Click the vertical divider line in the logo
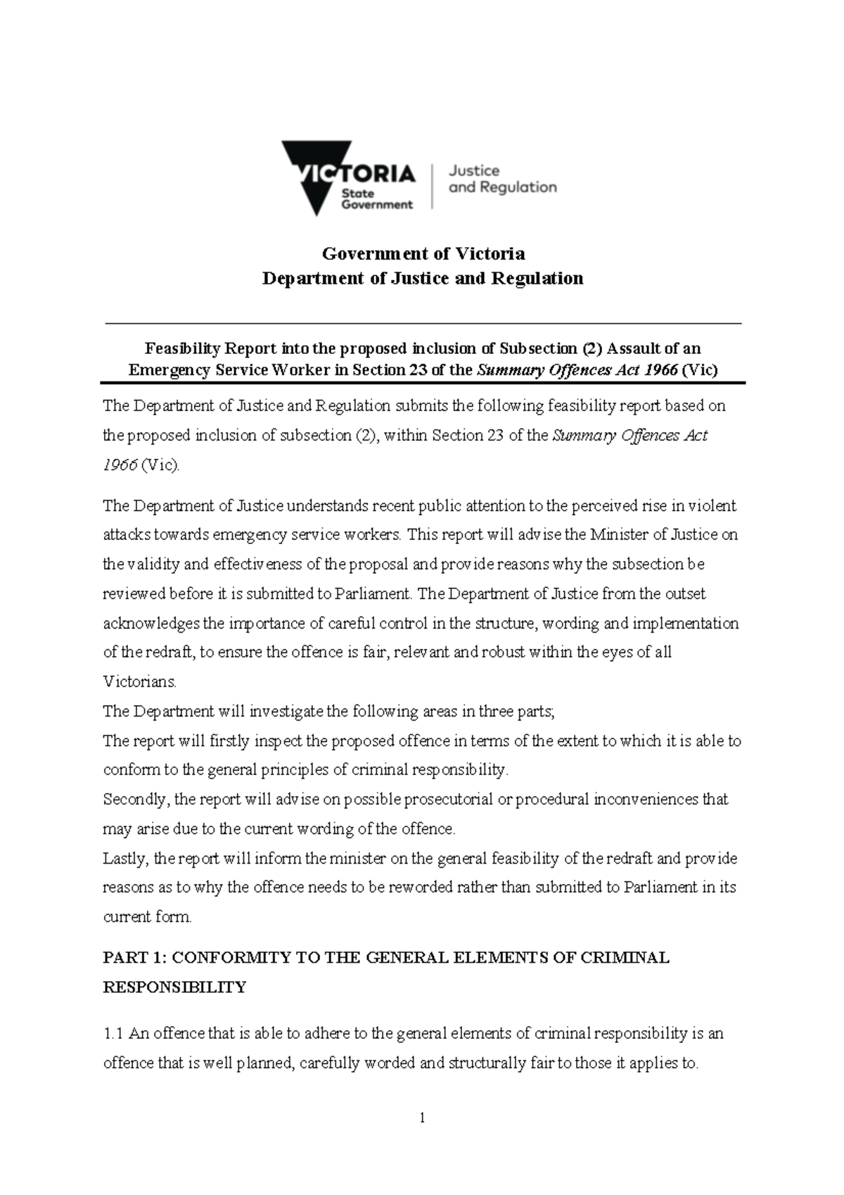pos(431,185)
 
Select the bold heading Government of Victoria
pos(423,253)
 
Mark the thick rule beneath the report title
pos(423,383)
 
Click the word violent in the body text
pos(712,505)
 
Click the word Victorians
pos(140,682)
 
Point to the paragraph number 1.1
pos(113,1034)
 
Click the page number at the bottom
pos(422,1118)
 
